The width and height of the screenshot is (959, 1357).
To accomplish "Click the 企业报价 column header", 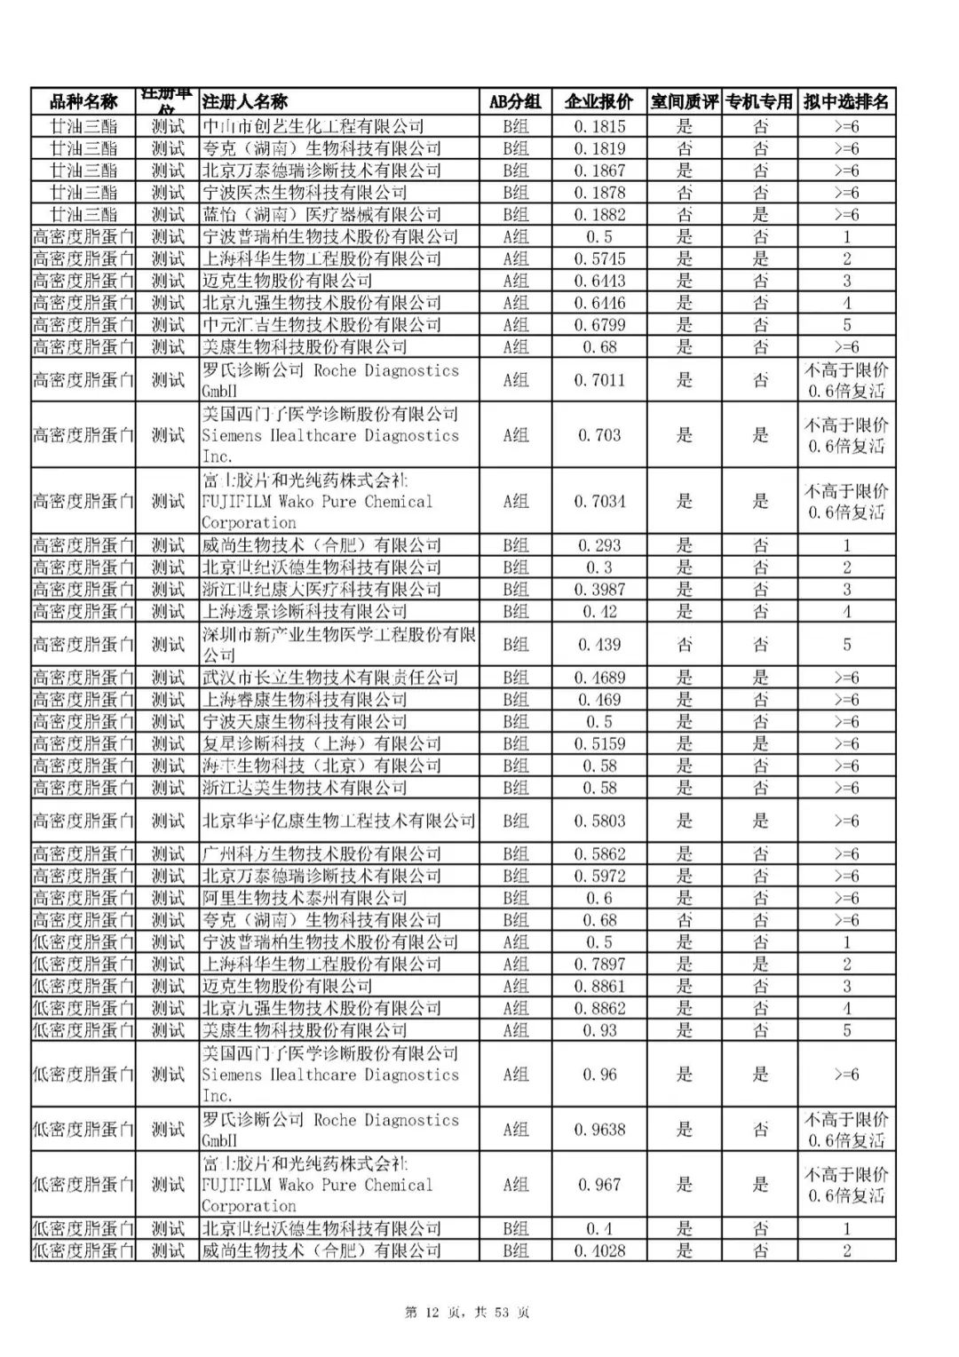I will pos(598,101).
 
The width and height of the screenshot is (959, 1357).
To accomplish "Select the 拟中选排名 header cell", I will pos(846,101).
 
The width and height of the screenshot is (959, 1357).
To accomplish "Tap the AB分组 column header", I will pos(515,101).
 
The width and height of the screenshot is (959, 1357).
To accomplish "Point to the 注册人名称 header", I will pos(245,101).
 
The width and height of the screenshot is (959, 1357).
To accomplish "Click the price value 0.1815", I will pos(598,127).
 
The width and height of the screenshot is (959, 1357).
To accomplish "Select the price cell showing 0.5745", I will pos(598,259).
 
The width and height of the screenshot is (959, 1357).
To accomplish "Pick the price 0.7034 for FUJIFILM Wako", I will pos(598,502).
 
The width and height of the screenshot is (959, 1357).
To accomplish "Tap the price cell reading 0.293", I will pos(598,545).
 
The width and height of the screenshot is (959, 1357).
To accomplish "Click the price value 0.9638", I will pos(598,1131).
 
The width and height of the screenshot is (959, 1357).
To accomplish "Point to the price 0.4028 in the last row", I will pos(598,1251).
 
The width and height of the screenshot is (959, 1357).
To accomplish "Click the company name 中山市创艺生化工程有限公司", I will pos(313,127).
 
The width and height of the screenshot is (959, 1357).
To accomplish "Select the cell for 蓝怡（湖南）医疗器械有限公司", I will pos(321,215).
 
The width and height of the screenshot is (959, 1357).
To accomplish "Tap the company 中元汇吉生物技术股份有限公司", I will pos(321,325).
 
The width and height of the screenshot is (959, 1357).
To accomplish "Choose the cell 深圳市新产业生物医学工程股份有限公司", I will pos(338,645).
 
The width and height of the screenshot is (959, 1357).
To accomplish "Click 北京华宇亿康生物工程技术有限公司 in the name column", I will pos(338,821).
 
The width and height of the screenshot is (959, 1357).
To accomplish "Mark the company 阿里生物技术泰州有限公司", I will pos(305,898).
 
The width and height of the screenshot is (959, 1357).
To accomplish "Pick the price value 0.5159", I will pos(598,744).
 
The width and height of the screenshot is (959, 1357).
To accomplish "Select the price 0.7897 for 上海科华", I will pos(598,964).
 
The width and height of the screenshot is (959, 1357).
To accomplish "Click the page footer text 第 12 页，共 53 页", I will pos(467,1313).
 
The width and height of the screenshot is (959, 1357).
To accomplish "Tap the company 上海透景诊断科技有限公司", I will pos(305,612).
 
